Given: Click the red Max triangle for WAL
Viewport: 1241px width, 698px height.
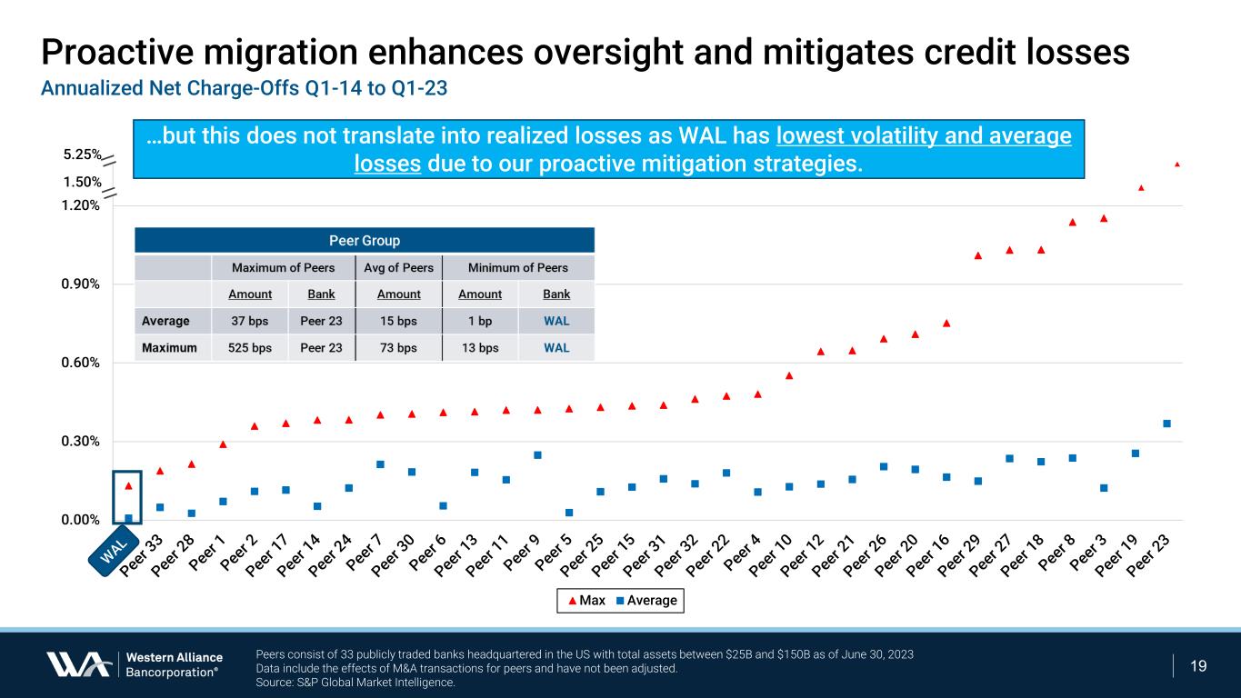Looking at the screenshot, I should click(x=128, y=486).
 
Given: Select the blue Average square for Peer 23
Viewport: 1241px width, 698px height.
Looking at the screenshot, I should click(x=1166, y=424).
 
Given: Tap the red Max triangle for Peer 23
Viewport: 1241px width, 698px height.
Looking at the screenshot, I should click(x=1176, y=165).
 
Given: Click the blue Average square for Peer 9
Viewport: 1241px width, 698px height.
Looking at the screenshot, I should click(x=537, y=454).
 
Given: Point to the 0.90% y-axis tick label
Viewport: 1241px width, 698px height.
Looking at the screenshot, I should click(x=80, y=284).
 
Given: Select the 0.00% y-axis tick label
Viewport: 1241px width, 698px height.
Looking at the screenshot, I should click(x=80, y=520).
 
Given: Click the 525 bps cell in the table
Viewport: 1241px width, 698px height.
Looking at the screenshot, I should click(x=249, y=347).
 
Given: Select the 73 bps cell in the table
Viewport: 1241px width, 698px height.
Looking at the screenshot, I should click(x=398, y=347).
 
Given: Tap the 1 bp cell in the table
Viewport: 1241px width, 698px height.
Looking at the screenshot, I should click(x=480, y=321).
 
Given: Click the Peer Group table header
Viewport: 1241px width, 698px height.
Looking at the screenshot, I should click(x=364, y=241).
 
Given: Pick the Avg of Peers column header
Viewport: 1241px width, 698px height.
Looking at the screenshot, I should click(x=398, y=267).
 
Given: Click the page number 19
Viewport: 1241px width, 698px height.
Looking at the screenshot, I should click(x=1198, y=666).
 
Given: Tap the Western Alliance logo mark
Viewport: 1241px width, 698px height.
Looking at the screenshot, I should click(x=79, y=664).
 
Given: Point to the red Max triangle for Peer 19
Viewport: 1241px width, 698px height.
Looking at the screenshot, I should click(x=1141, y=188).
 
